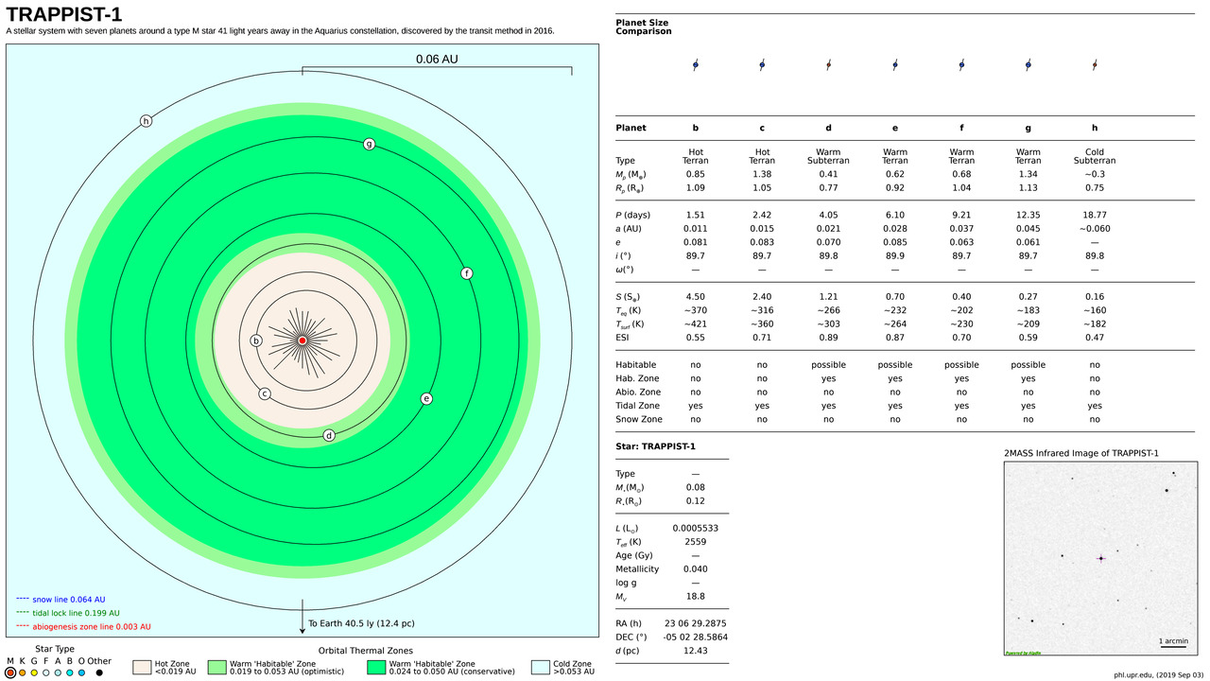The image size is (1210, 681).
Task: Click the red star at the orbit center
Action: tap(302, 340)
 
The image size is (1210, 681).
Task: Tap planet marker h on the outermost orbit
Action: tap(146, 120)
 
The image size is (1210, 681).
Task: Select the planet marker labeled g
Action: tap(370, 144)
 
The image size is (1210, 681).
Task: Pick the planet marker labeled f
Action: tap(466, 273)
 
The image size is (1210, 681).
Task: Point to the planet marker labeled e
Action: tap(426, 398)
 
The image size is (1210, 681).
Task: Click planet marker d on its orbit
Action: tap(329, 435)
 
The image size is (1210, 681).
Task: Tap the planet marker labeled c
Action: tap(265, 393)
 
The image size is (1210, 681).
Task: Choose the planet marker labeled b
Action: tap(255, 340)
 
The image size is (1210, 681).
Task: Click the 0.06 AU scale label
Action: tap(437, 59)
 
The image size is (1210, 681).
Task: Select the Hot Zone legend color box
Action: tap(142, 668)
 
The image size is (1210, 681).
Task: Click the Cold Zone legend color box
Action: tap(541, 668)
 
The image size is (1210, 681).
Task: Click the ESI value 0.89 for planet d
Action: tap(828, 337)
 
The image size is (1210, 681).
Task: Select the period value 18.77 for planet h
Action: tap(1094, 215)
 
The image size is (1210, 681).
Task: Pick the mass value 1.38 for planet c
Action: tap(761, 174)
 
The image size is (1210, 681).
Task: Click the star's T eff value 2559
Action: tap(696, 542)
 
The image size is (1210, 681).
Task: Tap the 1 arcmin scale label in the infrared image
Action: tap(1173, 640)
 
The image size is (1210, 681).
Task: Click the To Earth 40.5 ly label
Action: tap(361, 624)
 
